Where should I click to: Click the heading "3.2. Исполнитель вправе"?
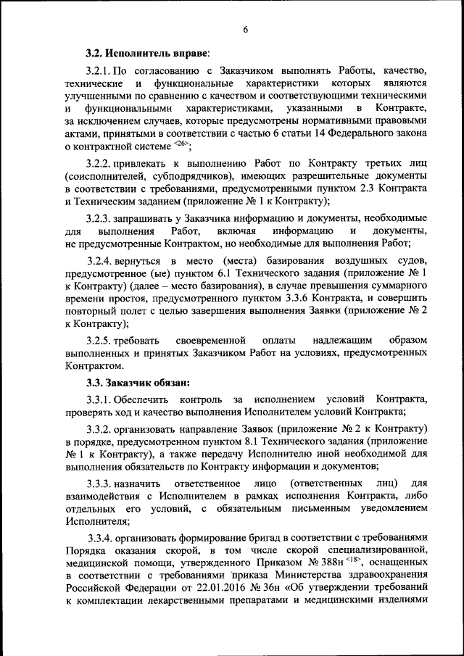pos(147,54)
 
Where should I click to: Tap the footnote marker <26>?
pos(181,144)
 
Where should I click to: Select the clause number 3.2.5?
pos(99,339)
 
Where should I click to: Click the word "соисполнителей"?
pos(107,176)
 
